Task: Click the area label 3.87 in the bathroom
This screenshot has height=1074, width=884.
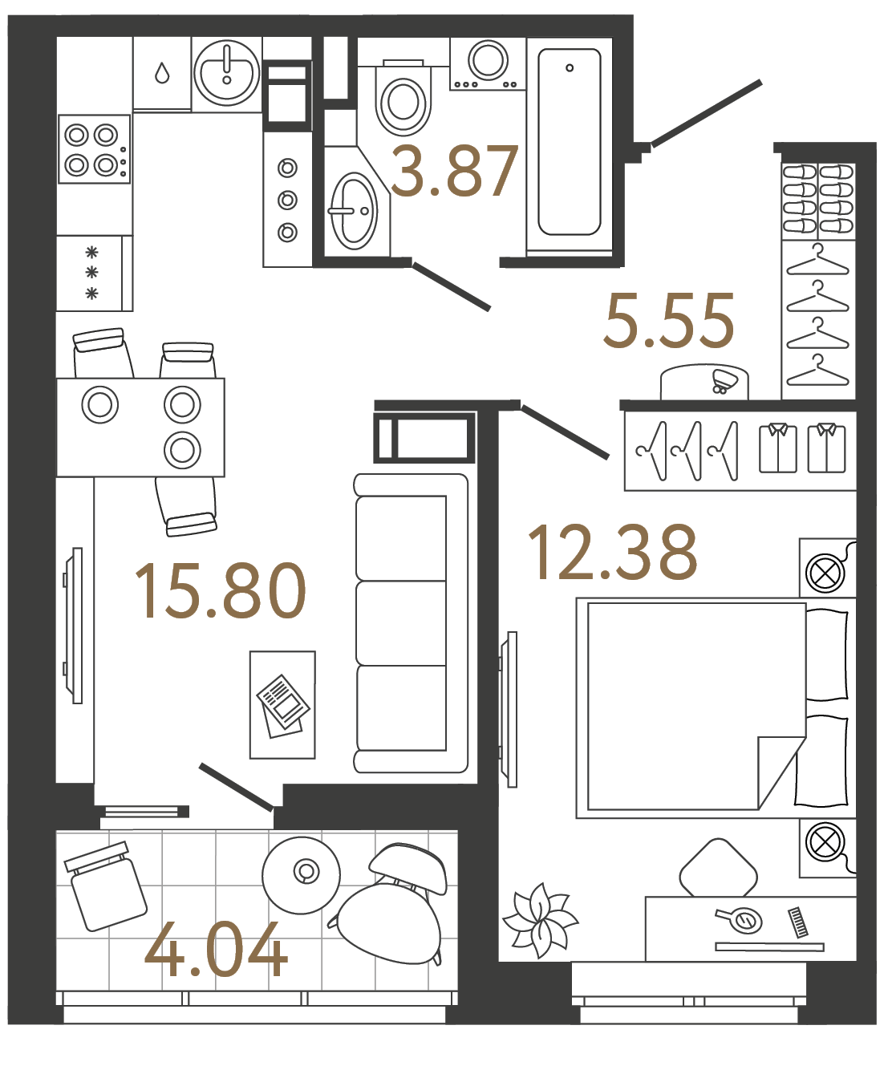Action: click(454, 172)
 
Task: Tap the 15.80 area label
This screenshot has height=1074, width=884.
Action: click(220, 591)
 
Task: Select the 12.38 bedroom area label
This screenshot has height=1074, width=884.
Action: click(612, 552)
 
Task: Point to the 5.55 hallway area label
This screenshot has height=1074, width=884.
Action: click(668, 321)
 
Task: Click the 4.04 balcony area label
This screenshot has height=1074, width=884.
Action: click(216, 950)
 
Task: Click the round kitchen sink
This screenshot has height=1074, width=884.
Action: click(227, 73)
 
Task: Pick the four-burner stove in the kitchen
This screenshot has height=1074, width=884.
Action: click(93, 149)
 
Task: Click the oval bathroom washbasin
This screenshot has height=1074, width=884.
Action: click(353, 211)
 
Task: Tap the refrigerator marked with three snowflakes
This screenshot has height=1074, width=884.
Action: click(93, 273)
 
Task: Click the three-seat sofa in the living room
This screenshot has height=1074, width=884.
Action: click(410, 623)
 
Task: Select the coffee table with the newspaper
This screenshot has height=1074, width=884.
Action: click(282, 705)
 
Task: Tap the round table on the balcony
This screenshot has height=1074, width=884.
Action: click(302, 874)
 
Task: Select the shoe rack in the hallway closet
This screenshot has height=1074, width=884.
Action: click(818, 200)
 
